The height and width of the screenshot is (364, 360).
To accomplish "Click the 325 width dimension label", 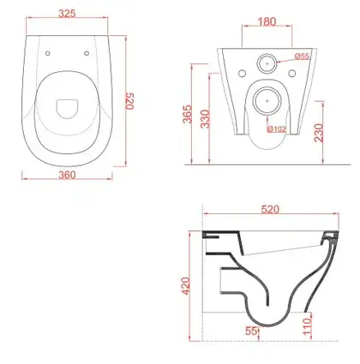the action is (x=67, y=14).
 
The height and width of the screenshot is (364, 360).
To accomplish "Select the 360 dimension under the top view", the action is (x=67, y=175).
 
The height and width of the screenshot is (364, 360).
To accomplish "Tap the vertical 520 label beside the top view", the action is (x=130, y=101).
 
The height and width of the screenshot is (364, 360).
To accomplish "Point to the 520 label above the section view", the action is (x=270, y=210).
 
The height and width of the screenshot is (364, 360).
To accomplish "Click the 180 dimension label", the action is (x=267, y=21).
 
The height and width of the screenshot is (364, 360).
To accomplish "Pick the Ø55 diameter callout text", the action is (x=302, y=57).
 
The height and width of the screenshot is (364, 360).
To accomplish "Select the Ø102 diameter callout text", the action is (x=277, y=129).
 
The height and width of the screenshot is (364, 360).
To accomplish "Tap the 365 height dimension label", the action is (x=188, y=114).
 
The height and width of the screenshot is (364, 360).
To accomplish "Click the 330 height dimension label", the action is (x=205, y=119).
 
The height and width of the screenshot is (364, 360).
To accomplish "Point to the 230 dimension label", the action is (x=319, y=133).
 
